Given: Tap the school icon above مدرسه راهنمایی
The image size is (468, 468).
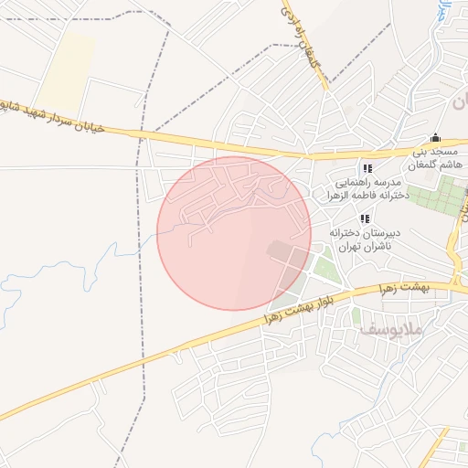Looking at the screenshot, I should (x=367, y=168).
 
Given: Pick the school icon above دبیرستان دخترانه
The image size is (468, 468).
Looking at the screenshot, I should (x=365, y=218).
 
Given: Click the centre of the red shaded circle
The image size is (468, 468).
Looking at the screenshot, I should (x=234, y=233).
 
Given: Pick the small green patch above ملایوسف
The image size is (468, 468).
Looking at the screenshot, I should (x=356, y=316).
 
